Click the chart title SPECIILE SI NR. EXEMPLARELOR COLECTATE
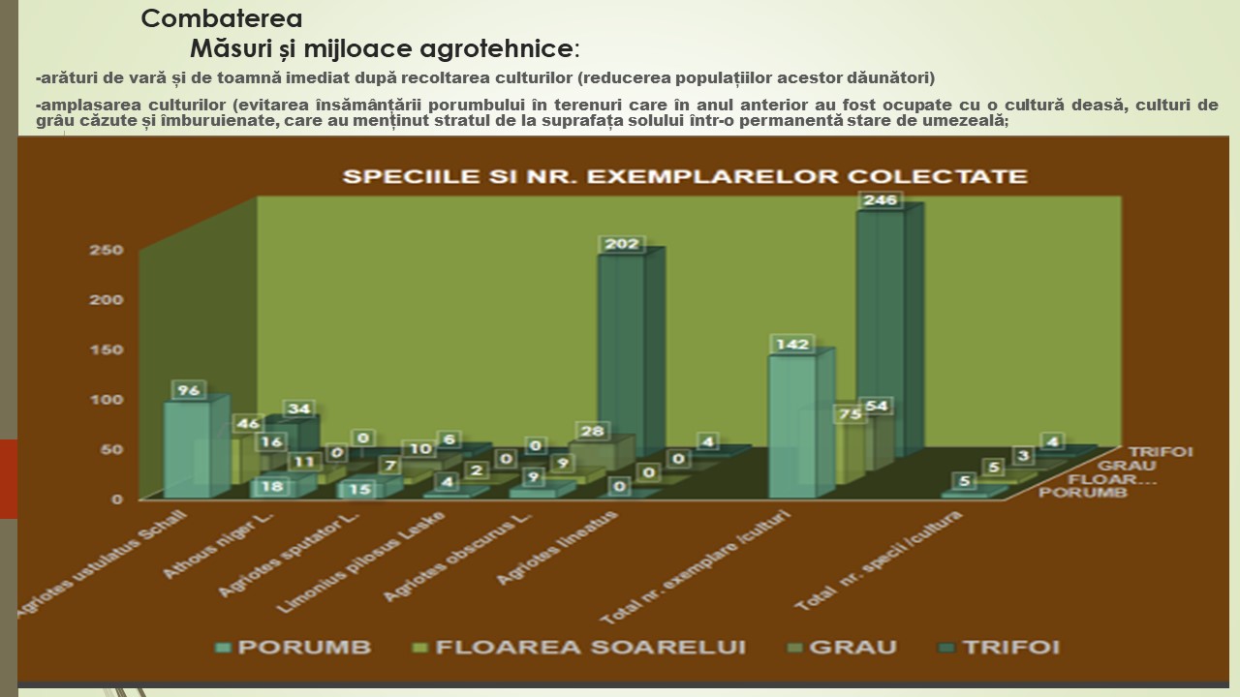coord(685,176)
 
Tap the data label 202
coord(622,245)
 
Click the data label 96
coord(187,390)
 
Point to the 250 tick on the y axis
coord(111,251)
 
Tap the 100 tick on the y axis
coord(111,400)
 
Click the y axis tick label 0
coord(117,500)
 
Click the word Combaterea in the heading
coord(221,18)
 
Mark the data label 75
coord(850,413)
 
